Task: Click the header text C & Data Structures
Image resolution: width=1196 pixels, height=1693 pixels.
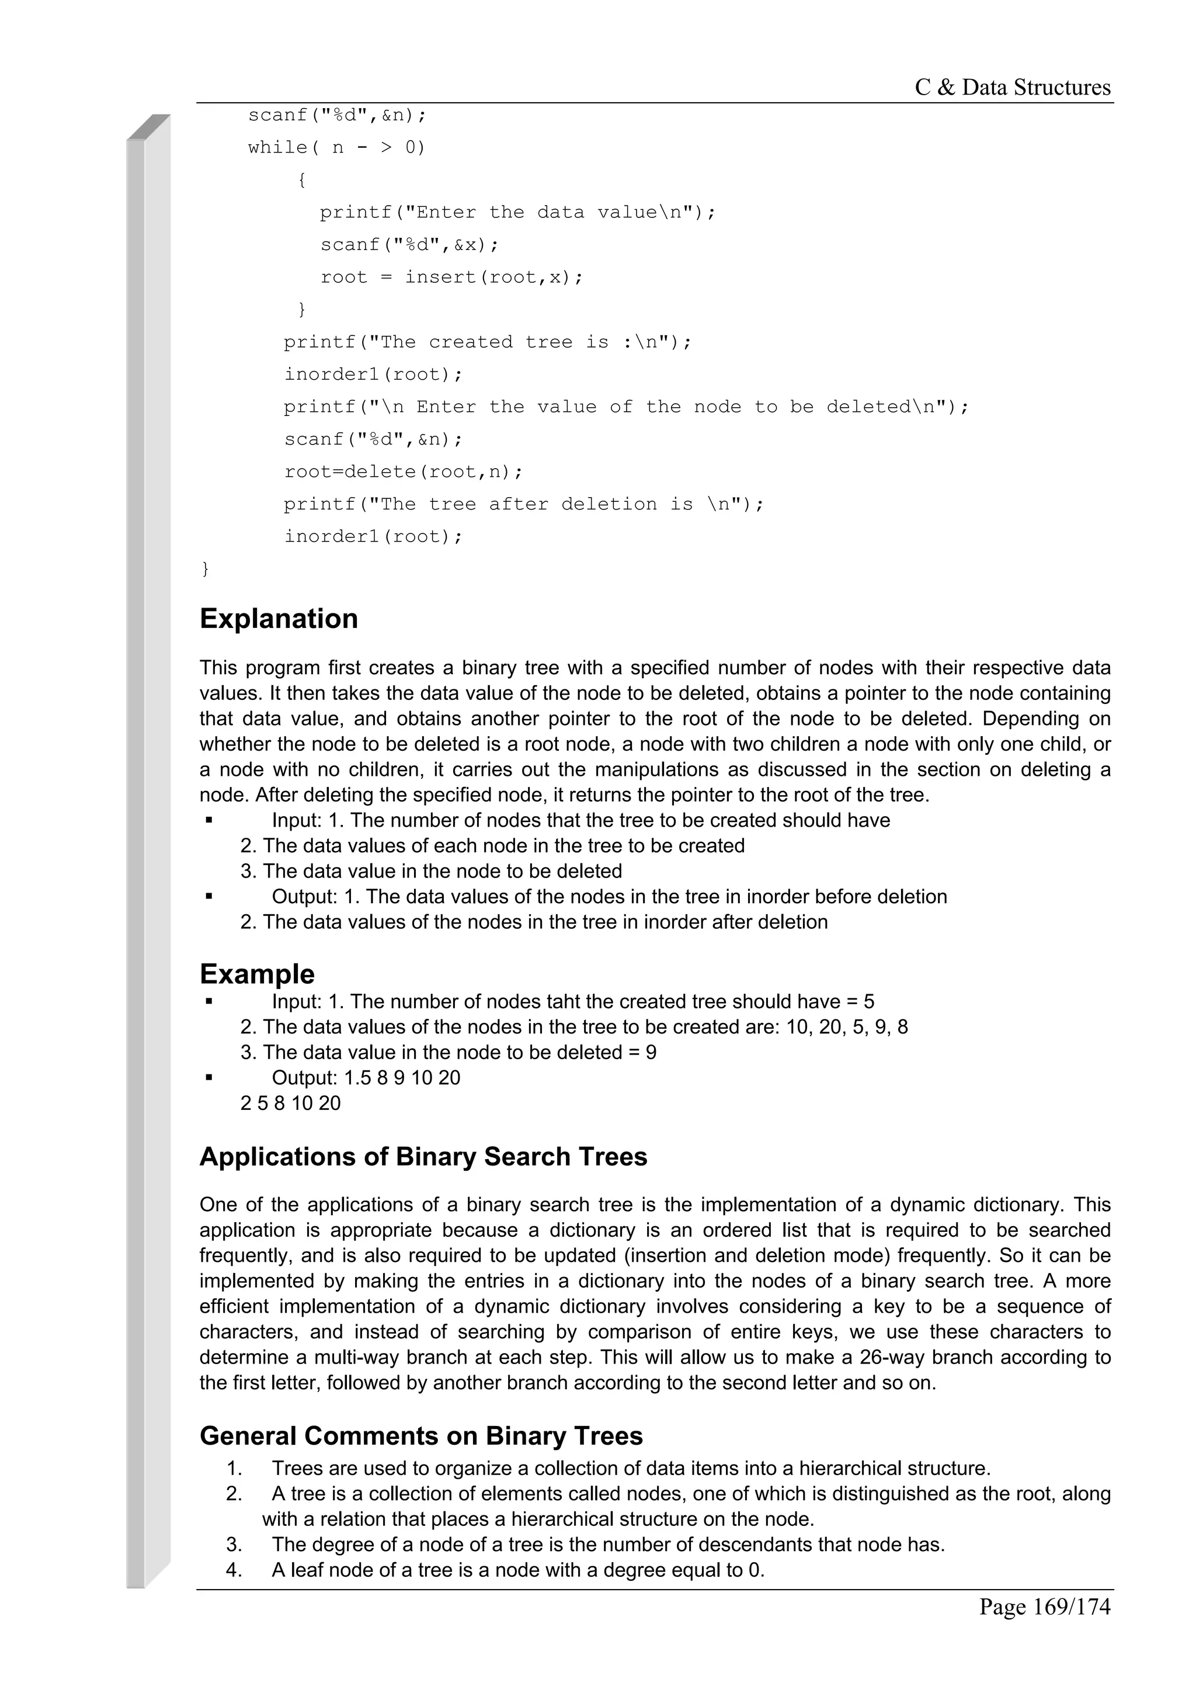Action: [x=1012, y=88]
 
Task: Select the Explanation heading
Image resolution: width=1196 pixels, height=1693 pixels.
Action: [x=279, y=619]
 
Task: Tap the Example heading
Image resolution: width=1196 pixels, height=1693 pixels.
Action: [x=256, y=974]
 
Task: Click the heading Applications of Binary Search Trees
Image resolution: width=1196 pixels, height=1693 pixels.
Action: [x=423, y=1157]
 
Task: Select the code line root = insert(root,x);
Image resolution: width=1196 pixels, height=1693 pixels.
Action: [x=451, y=277]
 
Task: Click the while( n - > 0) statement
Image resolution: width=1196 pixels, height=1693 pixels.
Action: [x=337, y=147]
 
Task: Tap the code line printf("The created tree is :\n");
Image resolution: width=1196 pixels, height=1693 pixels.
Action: [x=488, y=342]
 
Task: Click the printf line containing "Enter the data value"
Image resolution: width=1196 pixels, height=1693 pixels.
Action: [x=517, y=213]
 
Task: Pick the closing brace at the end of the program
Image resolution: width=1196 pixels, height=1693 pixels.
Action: [x=206, y=568]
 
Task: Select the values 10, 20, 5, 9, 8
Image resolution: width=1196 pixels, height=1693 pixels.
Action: [x=847, y=1027]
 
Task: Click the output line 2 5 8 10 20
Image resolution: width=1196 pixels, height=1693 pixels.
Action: [x=290, y=1104]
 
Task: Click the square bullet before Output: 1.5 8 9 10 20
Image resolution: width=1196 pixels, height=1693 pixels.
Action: [x=209, y=1077]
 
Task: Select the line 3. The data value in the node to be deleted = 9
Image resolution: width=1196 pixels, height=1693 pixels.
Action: [x=448, y=1052]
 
